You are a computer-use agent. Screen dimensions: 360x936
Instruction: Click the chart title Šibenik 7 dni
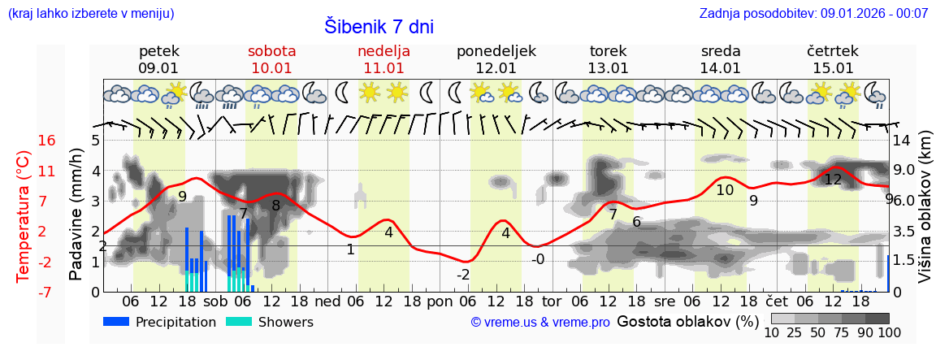point(379,26)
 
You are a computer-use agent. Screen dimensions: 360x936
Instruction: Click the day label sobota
point(271,51)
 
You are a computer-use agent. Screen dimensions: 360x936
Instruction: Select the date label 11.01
point(383,68)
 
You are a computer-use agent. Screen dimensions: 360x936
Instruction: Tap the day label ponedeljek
point(496,51)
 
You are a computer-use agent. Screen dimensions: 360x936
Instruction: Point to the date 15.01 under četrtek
point(833,68)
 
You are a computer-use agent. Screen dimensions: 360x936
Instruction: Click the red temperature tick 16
point(24,141)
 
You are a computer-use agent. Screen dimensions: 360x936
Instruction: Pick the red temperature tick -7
point(24,292)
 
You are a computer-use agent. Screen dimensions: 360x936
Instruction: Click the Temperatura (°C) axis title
point(24,216)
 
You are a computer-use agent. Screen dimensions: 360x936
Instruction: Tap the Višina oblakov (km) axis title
point(925,216)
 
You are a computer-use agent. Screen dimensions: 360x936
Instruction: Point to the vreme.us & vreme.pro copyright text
point(540,323)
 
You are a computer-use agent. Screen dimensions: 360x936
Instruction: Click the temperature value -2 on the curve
point(463,275)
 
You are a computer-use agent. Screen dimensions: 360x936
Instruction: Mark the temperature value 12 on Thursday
point(833,180)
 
